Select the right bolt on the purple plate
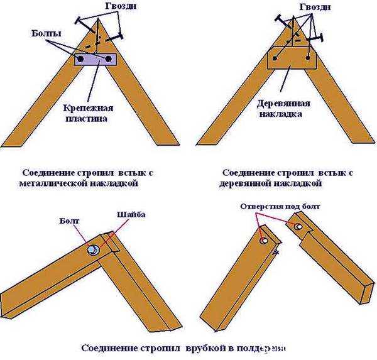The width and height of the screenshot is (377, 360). tap(110, 60)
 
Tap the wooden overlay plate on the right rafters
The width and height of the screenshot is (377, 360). tap(292, 57)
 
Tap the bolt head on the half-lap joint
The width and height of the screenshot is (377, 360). tap(93, 252)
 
